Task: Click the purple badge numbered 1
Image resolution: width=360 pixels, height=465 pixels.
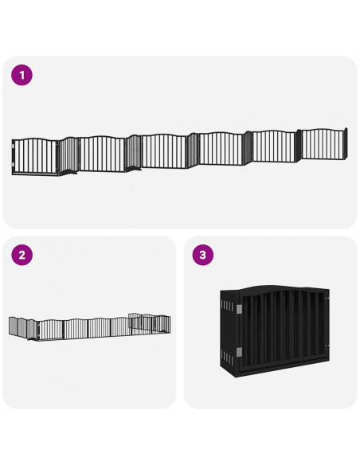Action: point(22,75)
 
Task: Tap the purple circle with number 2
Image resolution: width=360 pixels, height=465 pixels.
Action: point(22,255)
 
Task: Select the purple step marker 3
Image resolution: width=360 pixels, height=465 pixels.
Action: point(203,255)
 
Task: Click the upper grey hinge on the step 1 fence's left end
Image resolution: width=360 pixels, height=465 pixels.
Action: point(13,147)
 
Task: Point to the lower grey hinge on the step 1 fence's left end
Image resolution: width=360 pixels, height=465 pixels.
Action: point(13,164)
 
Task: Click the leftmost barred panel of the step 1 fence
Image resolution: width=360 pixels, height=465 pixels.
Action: point(35,156)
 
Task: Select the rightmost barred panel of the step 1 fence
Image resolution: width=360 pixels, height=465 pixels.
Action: point(323,144)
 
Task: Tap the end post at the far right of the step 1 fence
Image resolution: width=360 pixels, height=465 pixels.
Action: point(346,144)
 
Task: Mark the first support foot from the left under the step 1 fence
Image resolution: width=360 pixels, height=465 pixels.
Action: point(71,172)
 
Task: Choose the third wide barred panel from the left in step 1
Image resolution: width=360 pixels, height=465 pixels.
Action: point(164,151)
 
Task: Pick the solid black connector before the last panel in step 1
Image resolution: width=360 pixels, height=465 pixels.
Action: point(298,146)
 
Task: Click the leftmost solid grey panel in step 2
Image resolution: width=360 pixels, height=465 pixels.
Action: point(13,326)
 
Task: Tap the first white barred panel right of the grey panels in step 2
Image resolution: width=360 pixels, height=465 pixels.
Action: point(51,329)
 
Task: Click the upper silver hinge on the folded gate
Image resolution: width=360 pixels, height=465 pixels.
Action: point(239,309)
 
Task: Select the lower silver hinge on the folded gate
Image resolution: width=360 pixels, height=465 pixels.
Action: point(239,352)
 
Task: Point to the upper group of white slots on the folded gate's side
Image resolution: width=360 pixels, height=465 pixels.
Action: point(228,306)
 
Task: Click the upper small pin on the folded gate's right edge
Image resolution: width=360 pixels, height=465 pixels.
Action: point(327,299)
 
